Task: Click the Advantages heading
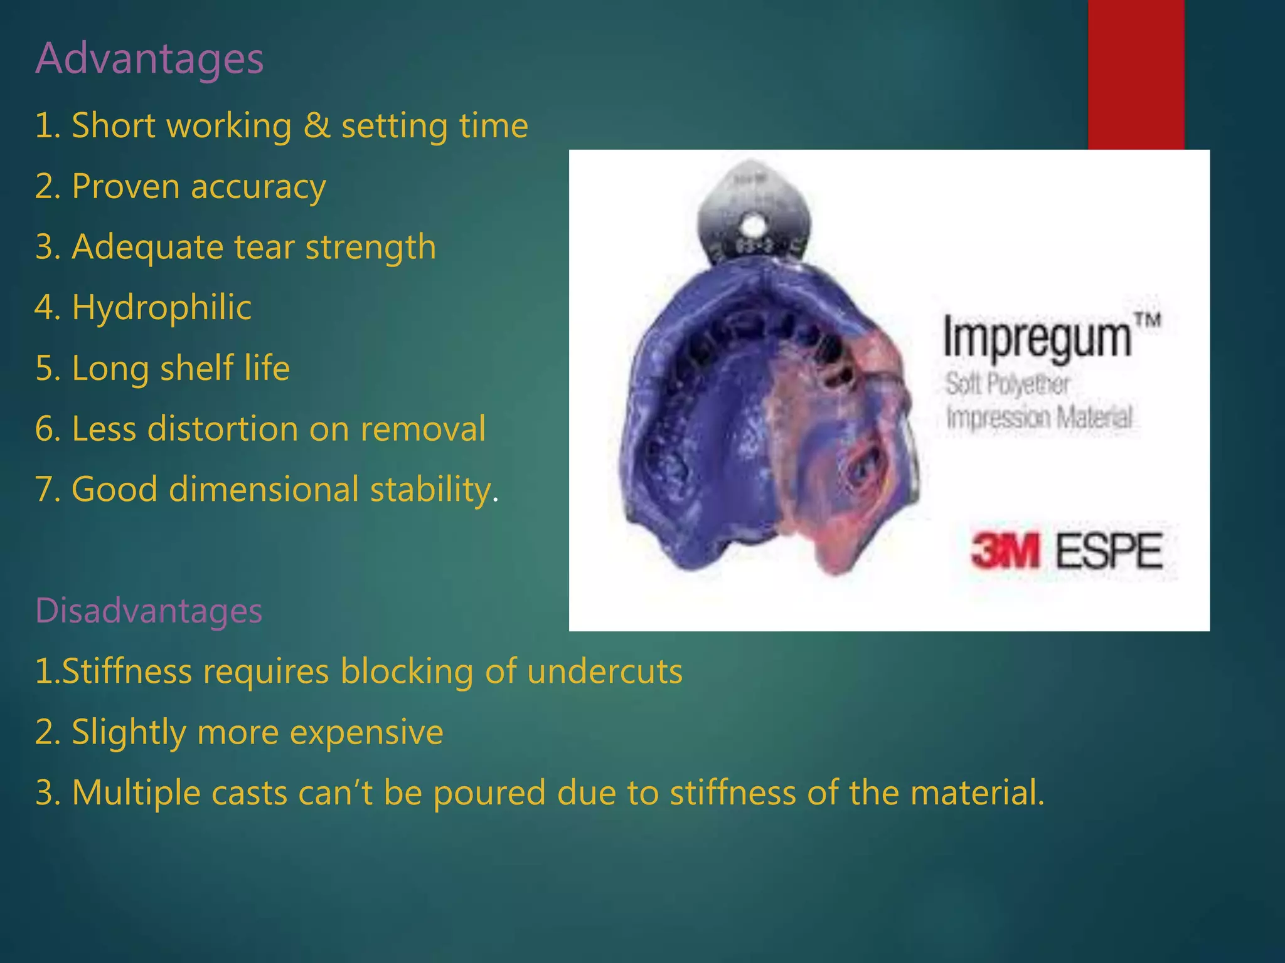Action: coord(149,58)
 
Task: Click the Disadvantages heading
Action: coord(149,610)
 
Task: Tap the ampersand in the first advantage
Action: coord(317,125)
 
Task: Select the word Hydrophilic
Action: coord(161,307)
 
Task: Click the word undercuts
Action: coord(604,671)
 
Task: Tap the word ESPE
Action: coord(1109,551)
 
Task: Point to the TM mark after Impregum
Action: coord(1149,320)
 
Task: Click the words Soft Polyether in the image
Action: coord(1007,384)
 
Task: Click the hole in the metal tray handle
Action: coord(754,223)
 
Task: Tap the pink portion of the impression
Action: coord(834,464)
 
